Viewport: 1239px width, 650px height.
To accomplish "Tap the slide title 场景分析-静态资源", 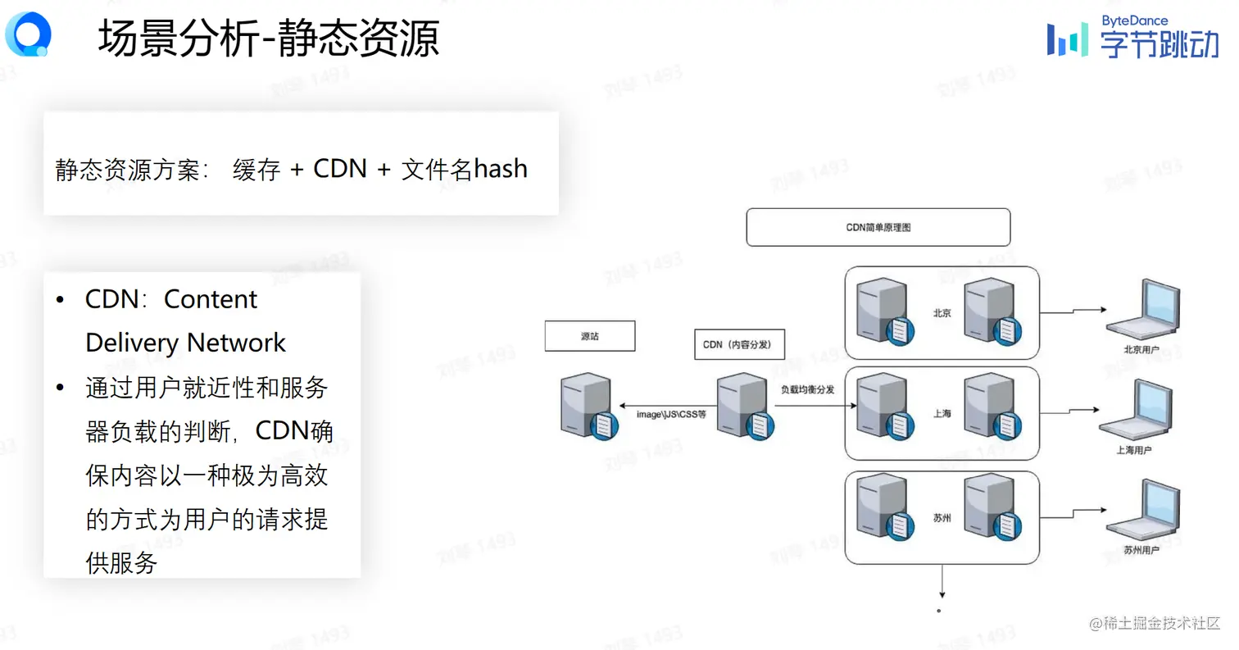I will coord(269,39).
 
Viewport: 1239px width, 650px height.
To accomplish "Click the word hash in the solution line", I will coord(501,169).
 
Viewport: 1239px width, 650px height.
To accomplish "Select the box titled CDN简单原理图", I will coord(878,227).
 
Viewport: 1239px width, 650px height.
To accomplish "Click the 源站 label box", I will coord(589,336).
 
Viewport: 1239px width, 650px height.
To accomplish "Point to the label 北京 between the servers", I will coord(942,312).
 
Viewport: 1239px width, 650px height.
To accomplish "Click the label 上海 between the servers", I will coord(942,413).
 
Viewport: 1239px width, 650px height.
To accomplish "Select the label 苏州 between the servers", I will coord(942,518).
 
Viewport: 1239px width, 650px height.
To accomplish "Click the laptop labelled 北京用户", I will coord(1143,308).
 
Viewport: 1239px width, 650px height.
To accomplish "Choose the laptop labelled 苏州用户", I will coord(1143,511).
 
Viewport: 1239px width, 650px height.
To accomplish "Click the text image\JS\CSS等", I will coord(671,415).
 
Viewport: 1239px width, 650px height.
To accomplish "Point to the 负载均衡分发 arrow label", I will coord(807,390).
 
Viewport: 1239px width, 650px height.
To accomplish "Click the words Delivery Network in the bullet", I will coord(185,343).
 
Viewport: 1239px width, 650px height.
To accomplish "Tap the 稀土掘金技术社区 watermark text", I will coord(1160,624).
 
